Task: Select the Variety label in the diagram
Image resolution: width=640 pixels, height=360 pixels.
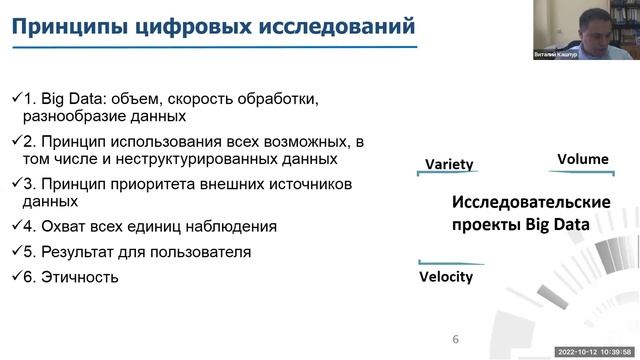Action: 449,164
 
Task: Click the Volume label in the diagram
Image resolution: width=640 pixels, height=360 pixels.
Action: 582,159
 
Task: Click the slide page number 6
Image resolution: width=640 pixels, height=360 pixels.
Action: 456,339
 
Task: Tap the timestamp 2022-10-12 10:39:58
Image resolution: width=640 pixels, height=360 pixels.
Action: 591,352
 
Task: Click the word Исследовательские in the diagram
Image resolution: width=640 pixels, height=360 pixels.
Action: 531,203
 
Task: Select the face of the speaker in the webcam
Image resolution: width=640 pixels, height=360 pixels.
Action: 589,25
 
